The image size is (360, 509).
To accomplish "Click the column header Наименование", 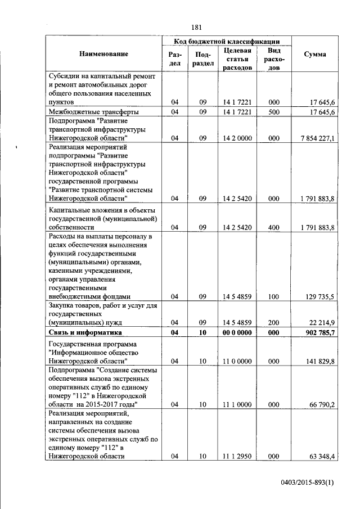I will [x=103, y=54].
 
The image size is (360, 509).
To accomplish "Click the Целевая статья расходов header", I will [x=236, y=58].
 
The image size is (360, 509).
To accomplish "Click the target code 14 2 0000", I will [x=236, y=137].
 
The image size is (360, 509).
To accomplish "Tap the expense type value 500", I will [x=274, y=112].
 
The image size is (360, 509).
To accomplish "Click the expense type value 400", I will [x=274, y=227].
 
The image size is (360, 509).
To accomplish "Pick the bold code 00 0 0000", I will [x=236, y=333].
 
